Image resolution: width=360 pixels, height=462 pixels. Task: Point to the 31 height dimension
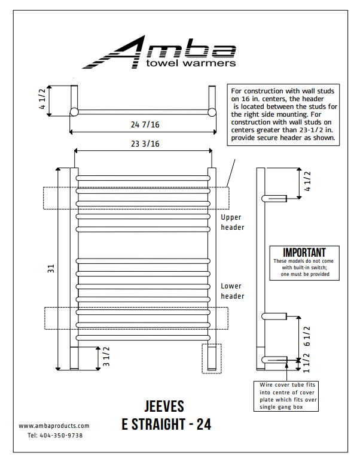pyautogui.click(x=51, y=270)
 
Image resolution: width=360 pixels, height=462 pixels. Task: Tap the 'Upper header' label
pyautogui.click(x=233, y=222)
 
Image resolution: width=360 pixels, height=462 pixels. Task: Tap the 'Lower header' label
pyautogui.click(x=233, y=291)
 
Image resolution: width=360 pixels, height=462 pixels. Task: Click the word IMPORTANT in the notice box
pyautogui.click(x=304, y=253)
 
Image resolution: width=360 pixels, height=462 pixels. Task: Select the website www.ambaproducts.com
pyautogui.click(x=54, y=425)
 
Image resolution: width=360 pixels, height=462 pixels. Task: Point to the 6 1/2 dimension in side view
pyautogui.click(x=307, y=336)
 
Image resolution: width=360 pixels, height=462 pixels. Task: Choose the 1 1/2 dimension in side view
pyautogui.click(x=307, y=360)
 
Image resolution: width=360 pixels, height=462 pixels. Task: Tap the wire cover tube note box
pyautogui.click(x=288, y=396)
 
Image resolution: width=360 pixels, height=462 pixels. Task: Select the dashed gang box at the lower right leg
pyautogui.click(x=212, y=358)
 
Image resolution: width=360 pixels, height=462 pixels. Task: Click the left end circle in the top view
pyautogui.click(x=74, y=112)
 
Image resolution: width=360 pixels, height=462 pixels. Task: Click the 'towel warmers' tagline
pyautogui.click(x=191, y=62)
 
